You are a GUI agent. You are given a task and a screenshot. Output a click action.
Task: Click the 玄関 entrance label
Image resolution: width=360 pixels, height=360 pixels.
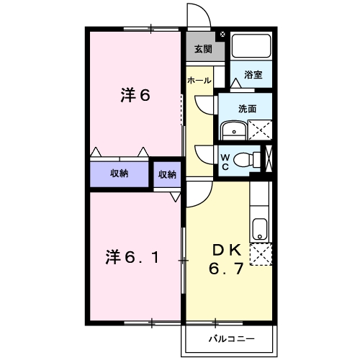point(202,50)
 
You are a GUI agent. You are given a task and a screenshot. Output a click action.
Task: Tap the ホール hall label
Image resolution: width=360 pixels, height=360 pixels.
point(199,81)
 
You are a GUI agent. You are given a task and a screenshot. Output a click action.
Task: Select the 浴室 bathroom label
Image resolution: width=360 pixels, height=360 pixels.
point(253,74)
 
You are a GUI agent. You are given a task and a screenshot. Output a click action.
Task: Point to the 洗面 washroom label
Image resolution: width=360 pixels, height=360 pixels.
point(247,109)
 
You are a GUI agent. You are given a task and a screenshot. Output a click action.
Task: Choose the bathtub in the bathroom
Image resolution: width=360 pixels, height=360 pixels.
point(251,48)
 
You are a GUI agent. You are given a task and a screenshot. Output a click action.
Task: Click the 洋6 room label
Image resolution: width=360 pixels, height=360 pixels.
point(135,96)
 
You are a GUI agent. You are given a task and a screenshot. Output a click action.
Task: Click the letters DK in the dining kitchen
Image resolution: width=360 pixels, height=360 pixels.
point(226,251)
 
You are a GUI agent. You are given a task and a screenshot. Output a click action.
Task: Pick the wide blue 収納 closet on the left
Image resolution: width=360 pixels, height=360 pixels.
point(119,174)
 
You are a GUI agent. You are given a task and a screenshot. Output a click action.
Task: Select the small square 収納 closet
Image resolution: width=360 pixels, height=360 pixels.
point(167,174)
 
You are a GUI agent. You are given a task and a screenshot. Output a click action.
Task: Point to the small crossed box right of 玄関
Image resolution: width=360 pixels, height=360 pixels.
point(222,34)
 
